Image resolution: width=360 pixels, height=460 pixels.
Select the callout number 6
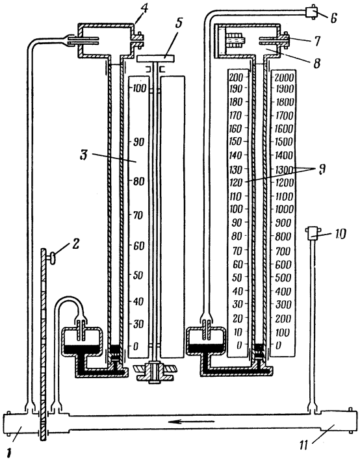pyautogui.click(x=333, y=18)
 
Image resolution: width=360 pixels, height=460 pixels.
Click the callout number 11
pyautogui.click(x=303, y=445)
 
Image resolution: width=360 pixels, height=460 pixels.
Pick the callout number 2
pyautogui.click(x=75, y=245)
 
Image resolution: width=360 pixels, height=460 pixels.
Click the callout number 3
pyautogui.click(x=84, y=155)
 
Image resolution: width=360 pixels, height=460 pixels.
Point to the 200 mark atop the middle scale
pyautogui.click(x=236, y=77)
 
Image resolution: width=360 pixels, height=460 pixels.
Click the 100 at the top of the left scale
pyautogui.click(x=139, y=88)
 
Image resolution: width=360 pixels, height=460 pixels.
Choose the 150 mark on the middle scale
pyautogui.click(x=236, y=142)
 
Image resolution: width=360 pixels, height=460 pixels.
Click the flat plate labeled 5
pyautogui.click(x=155, y=58)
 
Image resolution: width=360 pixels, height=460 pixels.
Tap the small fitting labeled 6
pyautogui.click(x=312, y=12)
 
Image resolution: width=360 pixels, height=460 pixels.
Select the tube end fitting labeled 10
pyautogui.click(x=312, y=234)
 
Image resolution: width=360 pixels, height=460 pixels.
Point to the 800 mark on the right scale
pyautogui.click(x=283, y=236)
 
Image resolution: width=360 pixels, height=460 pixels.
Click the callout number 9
pyautogui.click(x=321, y=170)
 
